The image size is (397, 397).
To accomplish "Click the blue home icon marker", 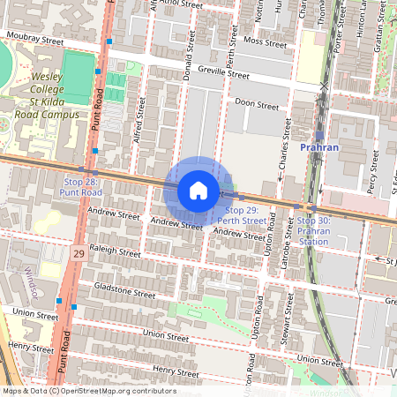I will [x=198, y=191].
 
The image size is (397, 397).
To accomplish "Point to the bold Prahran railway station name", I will [x=318, y=147].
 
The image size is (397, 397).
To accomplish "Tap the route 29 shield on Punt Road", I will [x=79, y=253].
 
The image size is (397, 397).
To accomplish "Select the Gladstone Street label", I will [x=117, y=290].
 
